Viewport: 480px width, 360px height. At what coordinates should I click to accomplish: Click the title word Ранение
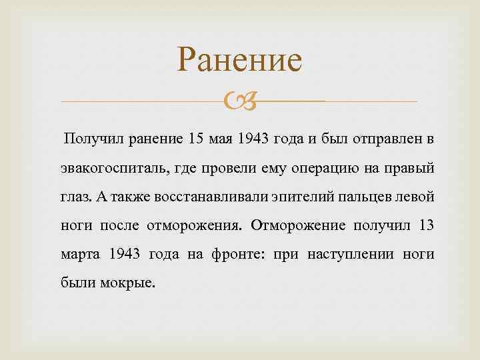pyautogui.click(x=239, y=61)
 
